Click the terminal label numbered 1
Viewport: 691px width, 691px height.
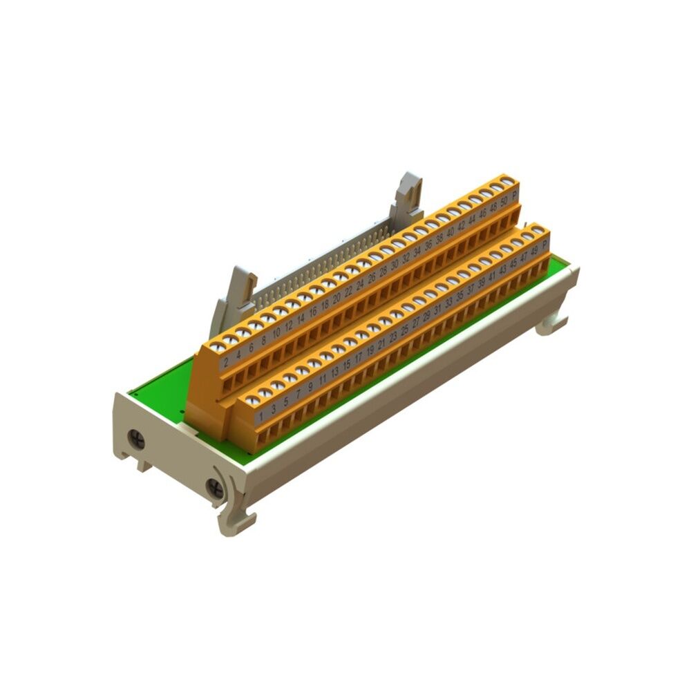260,416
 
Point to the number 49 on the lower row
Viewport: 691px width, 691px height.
534,250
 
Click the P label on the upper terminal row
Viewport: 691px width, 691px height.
515,195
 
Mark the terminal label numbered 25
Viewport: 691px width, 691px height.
404,330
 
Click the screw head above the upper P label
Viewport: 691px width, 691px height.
508,182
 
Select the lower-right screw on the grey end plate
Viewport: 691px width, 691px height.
215,488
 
